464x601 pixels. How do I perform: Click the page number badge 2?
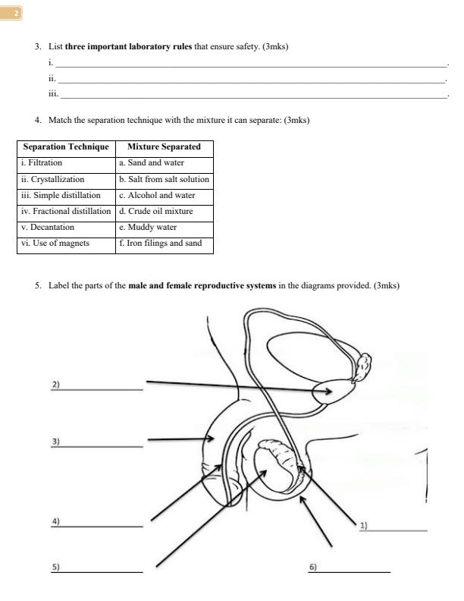14,13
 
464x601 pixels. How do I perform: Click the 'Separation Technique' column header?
66,146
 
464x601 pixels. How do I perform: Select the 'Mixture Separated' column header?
164,146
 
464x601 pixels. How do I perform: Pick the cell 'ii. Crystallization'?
52,179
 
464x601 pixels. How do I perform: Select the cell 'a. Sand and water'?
152,162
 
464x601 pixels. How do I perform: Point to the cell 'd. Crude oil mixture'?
156,211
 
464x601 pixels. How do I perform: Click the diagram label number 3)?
55,441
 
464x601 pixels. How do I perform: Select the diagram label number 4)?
55,521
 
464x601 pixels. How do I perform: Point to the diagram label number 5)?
55,566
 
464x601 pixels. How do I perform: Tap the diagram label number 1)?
363,525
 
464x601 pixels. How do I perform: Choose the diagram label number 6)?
312,567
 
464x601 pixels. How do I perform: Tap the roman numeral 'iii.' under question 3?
53,94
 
